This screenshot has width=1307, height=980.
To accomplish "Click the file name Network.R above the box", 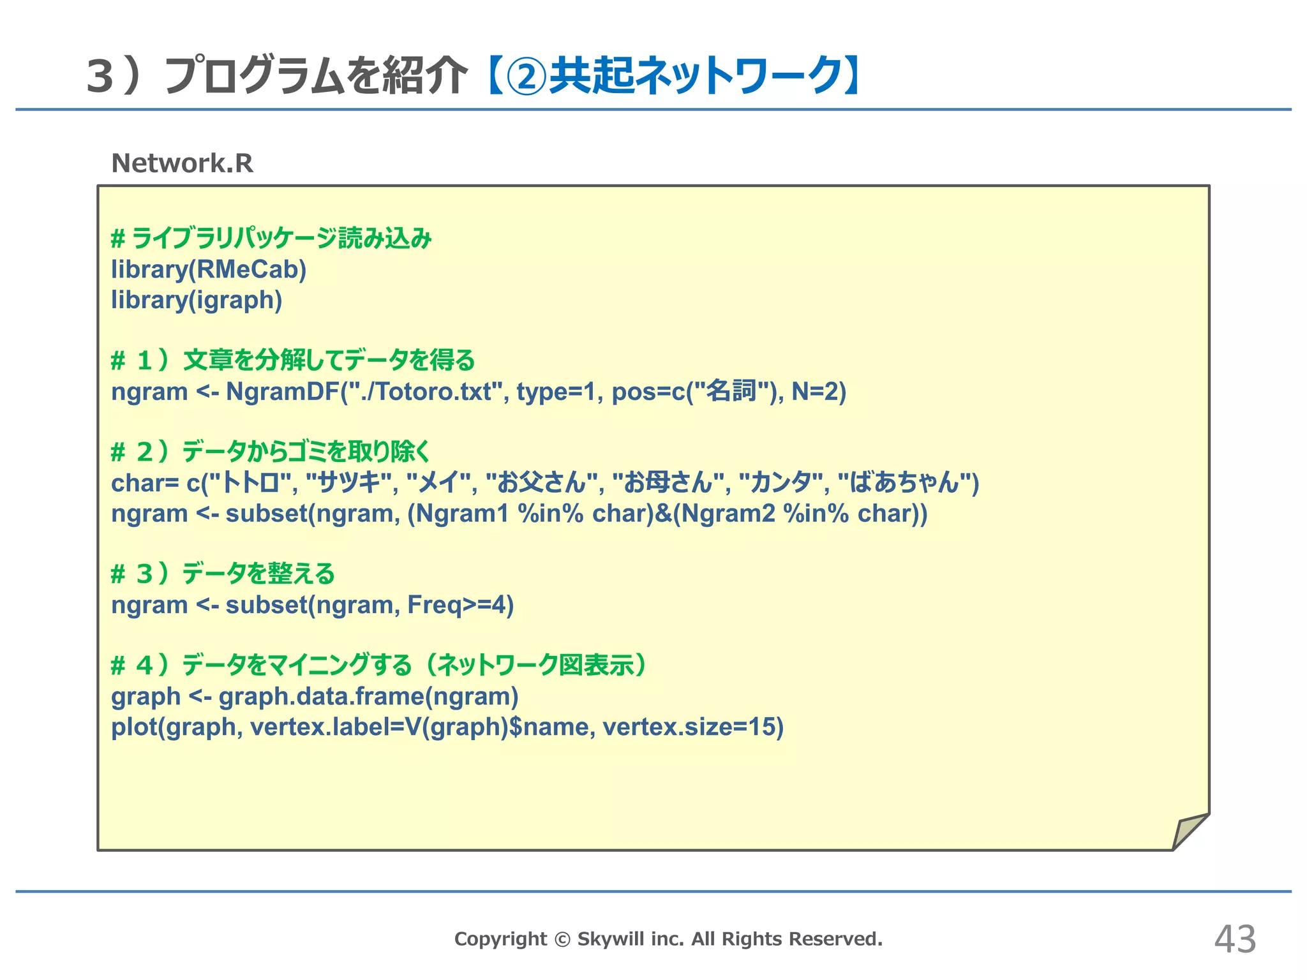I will [x=182, y=163].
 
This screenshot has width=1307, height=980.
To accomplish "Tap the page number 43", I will [x=1235, y=939].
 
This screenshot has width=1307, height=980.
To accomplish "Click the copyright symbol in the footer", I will [x=562, y=939].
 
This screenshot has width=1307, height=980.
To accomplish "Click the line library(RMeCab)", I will [x=209, y=270].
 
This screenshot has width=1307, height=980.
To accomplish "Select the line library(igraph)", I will [x=197, y=300].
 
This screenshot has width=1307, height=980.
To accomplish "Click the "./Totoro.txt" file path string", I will [x=422, y=391].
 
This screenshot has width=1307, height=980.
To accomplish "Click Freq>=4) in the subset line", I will [x=460, y=605].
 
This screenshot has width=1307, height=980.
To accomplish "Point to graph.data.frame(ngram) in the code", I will [x=368, y=696].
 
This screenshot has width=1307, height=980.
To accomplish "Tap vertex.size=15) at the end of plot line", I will [x=693, y=727].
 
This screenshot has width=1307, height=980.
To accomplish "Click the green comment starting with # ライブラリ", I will [x=271, y=239].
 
